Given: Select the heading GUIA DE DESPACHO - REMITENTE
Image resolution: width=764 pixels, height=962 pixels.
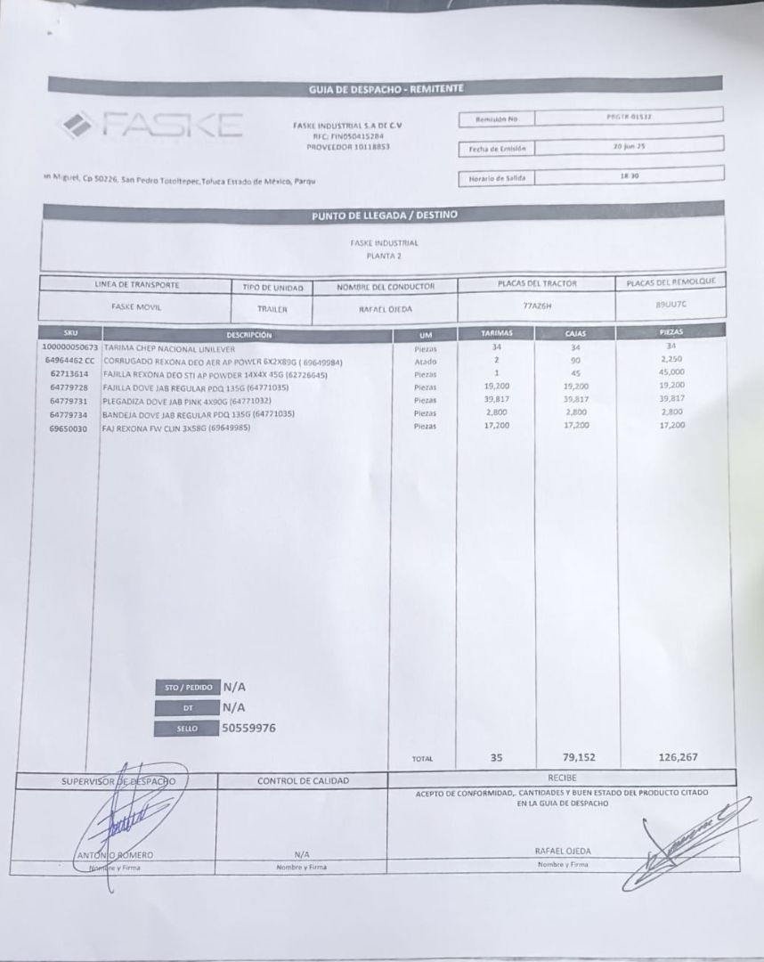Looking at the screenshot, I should (386, 87).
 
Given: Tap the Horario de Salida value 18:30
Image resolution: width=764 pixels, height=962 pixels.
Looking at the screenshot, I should (629, 176).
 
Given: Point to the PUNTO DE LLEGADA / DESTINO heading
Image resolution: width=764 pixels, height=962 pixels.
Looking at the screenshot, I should (385, 215).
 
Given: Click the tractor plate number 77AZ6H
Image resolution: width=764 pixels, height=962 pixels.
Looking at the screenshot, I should (538, 305).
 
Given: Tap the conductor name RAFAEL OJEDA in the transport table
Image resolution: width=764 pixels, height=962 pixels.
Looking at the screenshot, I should (386, 308).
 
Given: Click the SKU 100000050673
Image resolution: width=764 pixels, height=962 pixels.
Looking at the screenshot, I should (70, 347).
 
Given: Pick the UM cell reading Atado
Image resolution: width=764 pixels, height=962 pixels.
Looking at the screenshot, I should (425, 362).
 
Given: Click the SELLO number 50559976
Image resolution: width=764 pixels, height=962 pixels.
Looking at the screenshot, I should (248, 728).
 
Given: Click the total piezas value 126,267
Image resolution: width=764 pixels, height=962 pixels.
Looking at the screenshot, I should (678, 757).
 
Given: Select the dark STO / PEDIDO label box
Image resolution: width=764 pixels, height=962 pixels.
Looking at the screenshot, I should (185, 688).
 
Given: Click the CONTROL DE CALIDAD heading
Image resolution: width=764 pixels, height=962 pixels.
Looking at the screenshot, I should (303, 781).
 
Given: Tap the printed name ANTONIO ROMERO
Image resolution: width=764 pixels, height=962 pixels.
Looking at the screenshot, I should (115, 855).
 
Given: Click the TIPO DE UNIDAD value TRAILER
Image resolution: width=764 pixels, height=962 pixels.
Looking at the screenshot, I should (272, 309).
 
